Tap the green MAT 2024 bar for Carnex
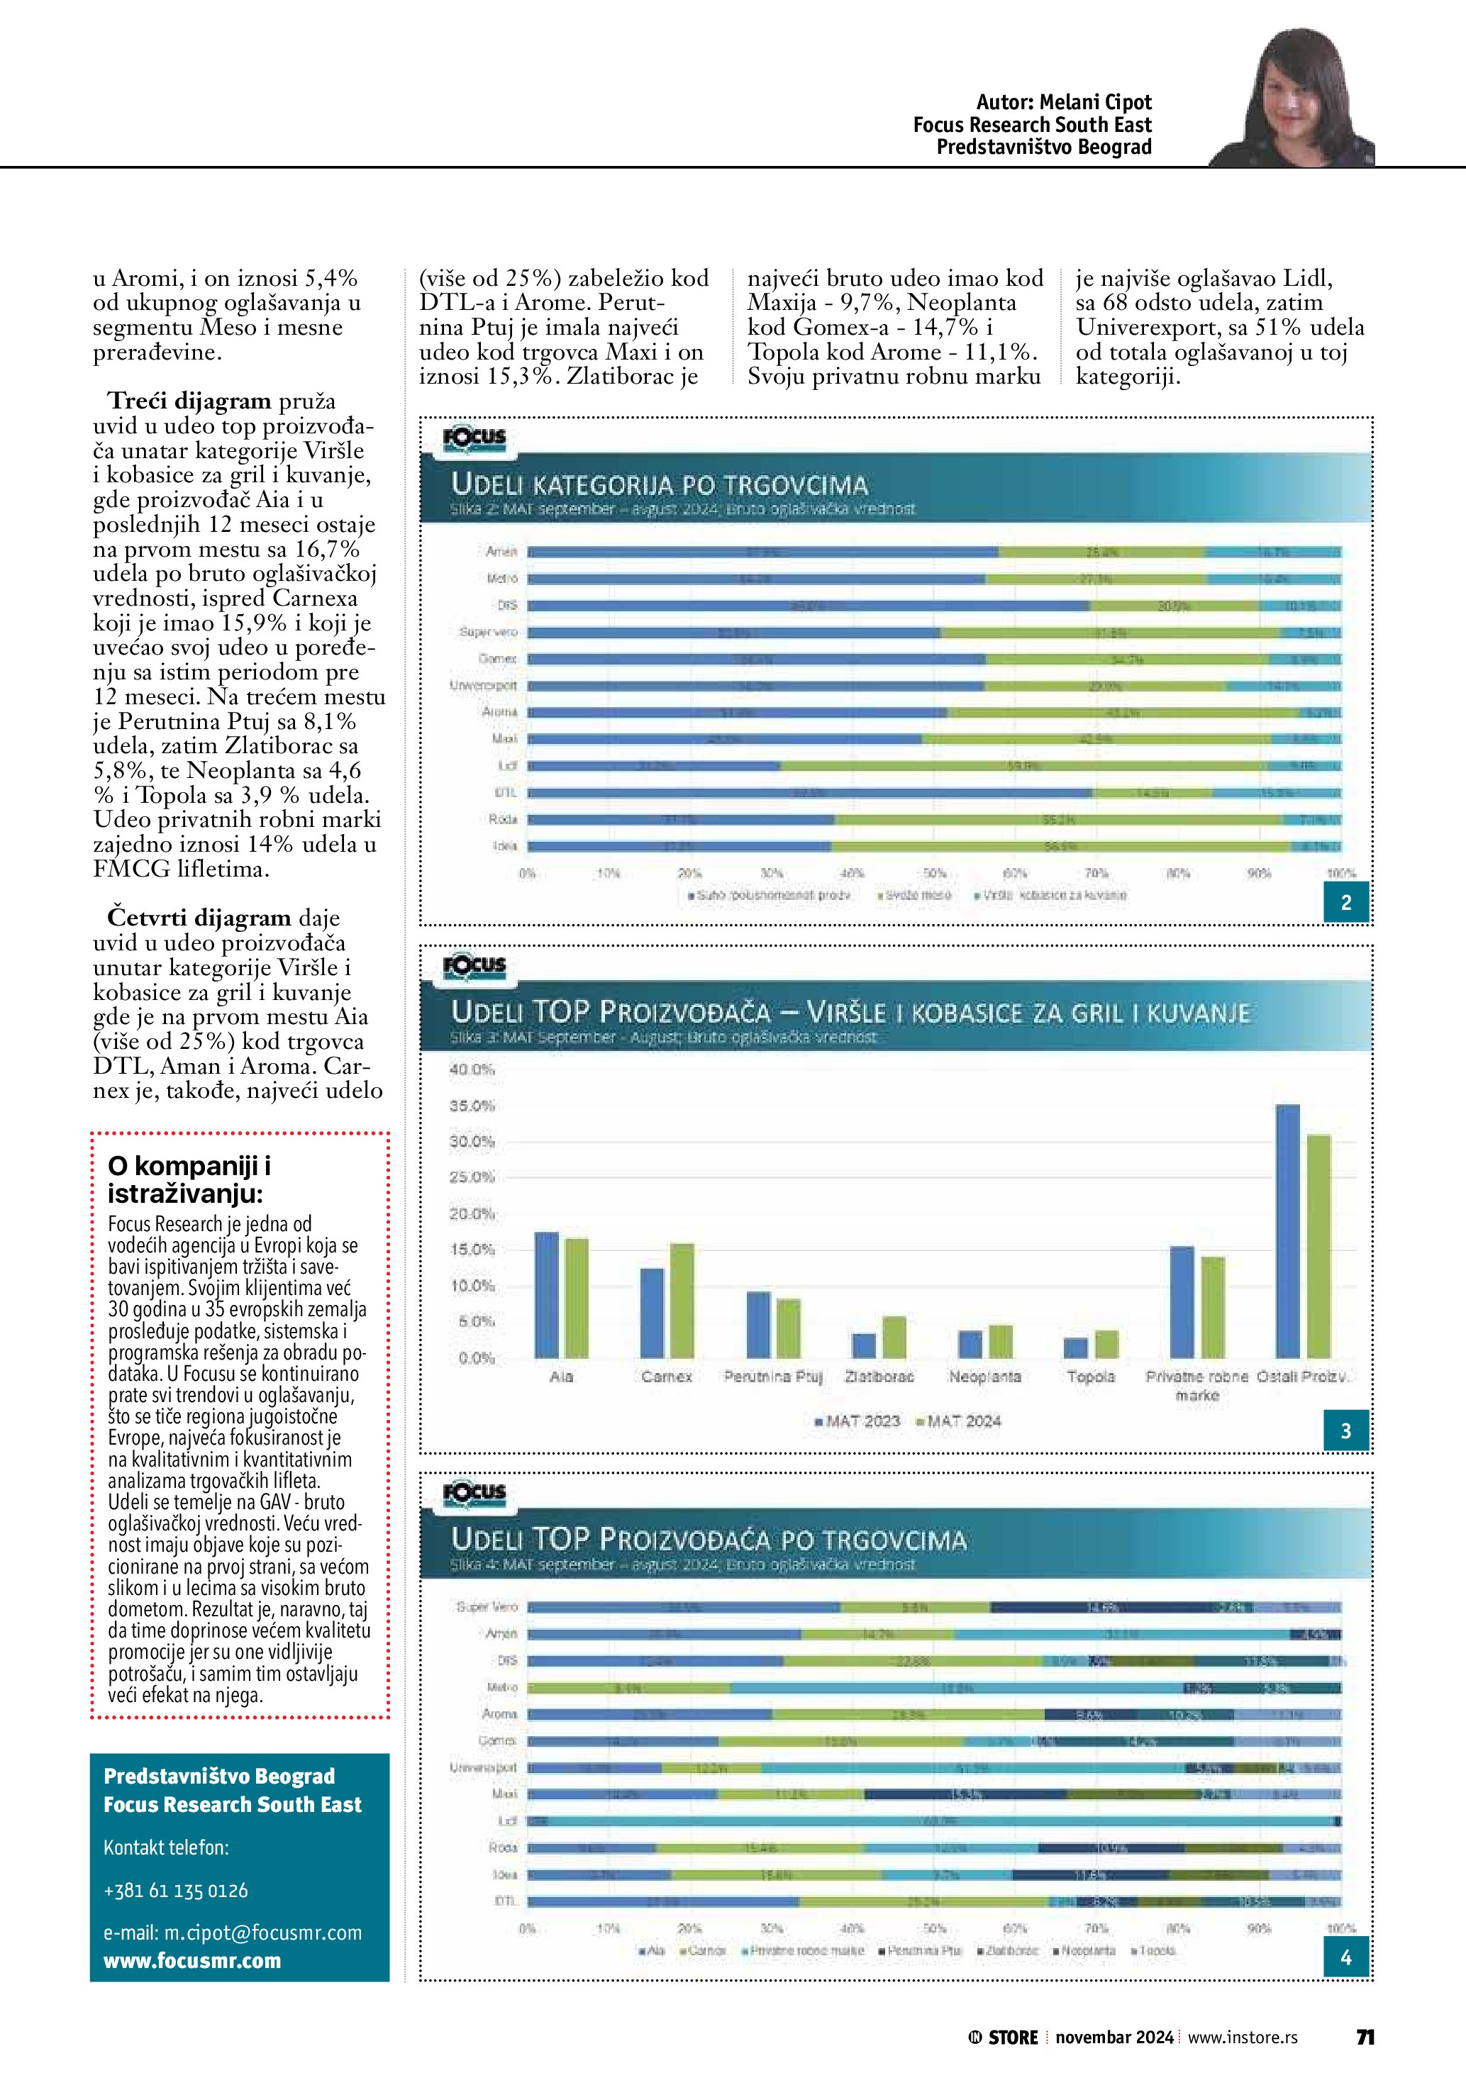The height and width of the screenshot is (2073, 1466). tap(682, 1300)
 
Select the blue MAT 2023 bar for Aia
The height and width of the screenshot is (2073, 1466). tap(546, 1295)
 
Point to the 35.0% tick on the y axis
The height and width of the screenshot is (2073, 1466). tap(472, 1105)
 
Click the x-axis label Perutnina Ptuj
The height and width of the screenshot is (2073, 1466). tap(773, 1377)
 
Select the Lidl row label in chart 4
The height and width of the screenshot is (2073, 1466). tap(507, 1821)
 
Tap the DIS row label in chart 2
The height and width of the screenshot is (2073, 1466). tap(506, 605)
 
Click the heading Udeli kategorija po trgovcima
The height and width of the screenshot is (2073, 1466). tap(659, 485)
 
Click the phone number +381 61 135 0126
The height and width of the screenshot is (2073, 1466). tap(175, 1891)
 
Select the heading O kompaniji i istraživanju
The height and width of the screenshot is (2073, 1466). tap(189, 1179)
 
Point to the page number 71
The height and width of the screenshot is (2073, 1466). tap(1365, 2038)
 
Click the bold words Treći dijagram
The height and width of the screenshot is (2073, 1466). tap(189, 401)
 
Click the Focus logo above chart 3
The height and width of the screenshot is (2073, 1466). tap(474, 965)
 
